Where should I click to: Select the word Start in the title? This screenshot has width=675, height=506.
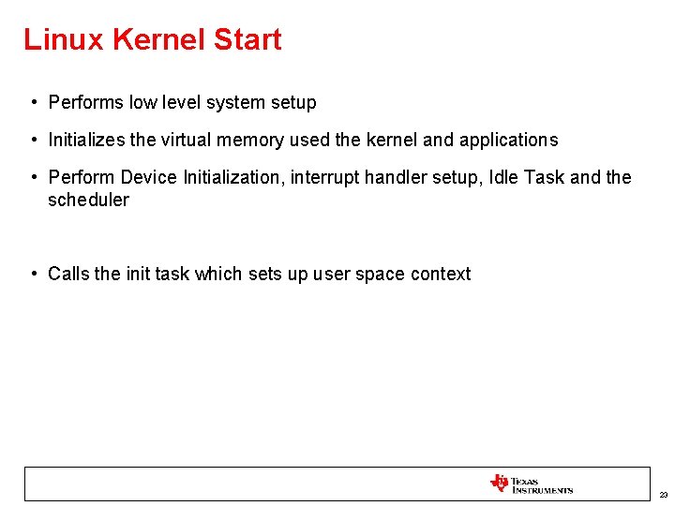(247, 39)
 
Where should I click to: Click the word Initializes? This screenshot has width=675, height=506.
(87, 140)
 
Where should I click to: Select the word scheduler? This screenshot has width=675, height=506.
(88, 200)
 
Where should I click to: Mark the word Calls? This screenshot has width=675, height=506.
(68, 274)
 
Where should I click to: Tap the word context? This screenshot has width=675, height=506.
(441, 274)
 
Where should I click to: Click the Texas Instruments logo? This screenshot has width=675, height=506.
(531, 484)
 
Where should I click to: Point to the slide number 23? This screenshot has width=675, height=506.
(664, 494)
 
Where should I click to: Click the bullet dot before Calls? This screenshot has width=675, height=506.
(33, 274)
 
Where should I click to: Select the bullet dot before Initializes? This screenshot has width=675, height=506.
(33, 140)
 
